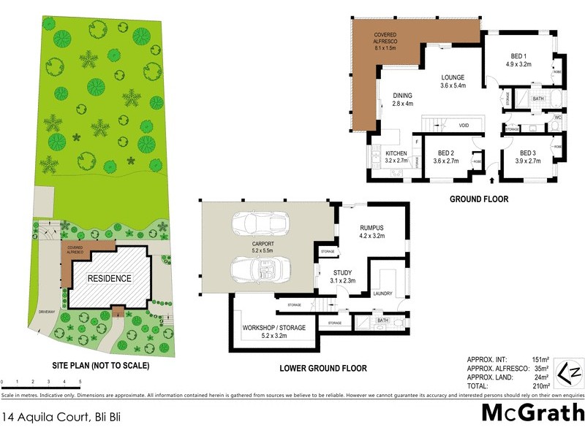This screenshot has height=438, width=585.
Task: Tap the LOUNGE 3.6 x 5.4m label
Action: tap(453, 82)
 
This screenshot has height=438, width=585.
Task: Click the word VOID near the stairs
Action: tap(464, 125)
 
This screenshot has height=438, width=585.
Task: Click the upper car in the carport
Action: tap(261, 223)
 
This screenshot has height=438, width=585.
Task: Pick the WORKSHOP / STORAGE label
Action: tap(274, 332)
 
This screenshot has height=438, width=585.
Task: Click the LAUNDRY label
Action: tap(382, 294)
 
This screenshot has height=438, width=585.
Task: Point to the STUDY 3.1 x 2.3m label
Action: tap(342, 276)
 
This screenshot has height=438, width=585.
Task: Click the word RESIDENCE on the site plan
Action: tap(110, 278)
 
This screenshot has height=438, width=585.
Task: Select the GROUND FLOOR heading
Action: tap(479, 199)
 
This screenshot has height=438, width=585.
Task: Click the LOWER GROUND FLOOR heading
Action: tap(323, 368)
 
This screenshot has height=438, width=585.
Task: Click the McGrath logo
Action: tap(532, 412)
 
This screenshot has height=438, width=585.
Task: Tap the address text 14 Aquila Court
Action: tap(50, 418)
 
